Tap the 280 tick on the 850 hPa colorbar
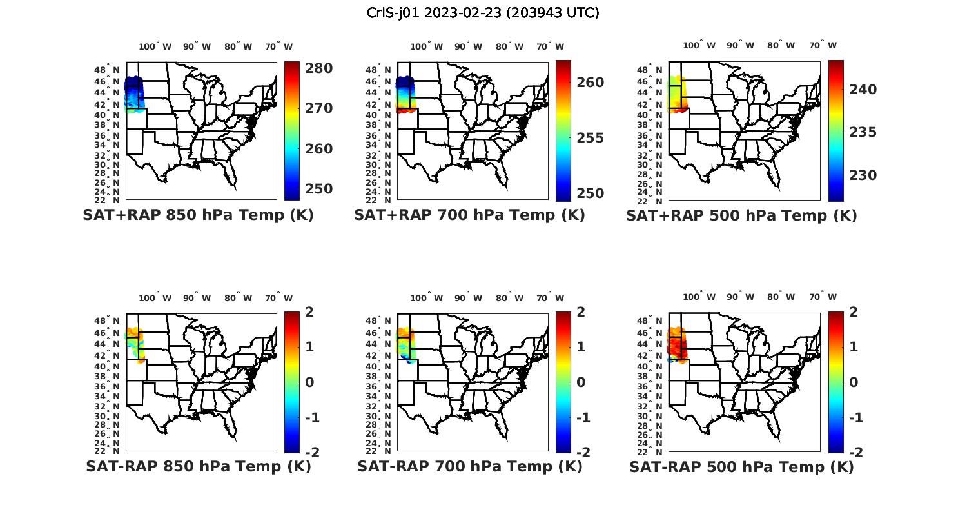[x=318, y=68]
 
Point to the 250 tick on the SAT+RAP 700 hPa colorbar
[x=590, y=193]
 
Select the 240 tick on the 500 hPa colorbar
[x=863, y=89]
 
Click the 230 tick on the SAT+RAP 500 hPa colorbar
[x=863, y=175]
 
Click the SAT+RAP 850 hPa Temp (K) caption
[x=198, y=215]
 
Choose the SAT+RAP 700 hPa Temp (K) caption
[x=469, y=215]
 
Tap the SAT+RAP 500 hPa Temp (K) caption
[x=741, y=215]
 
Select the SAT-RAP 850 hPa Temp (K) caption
[x=198, y=466]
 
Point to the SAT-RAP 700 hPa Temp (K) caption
[x=469, y=466]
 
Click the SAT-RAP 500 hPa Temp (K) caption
[x=741, y=467]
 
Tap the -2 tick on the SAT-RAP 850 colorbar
[x=312, y=452]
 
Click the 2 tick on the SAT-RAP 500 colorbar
[x=854, y=311]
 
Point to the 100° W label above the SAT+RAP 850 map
[x=155, y=46]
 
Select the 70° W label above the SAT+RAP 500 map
[x=823, y=45]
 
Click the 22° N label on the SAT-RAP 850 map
[x=112, y=451]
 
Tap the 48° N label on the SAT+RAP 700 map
[x=384, y=70]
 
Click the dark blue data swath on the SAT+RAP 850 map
[x=133, y=87]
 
